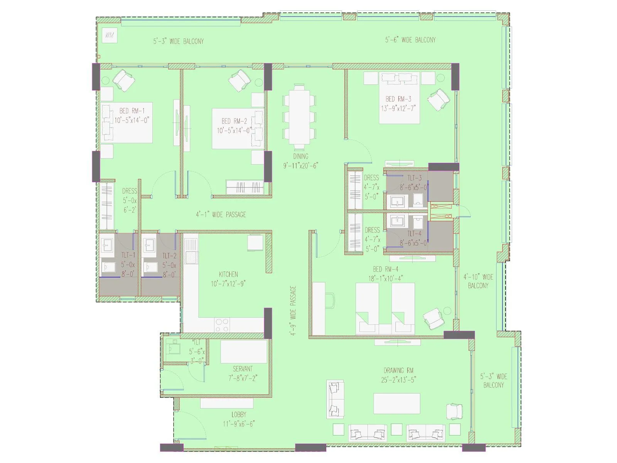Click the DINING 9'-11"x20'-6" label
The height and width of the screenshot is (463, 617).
point(300,161)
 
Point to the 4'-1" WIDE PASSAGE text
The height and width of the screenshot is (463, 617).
point(221,215)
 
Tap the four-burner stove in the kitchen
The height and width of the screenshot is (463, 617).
point(222,324)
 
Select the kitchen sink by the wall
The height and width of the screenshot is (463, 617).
point(190,250)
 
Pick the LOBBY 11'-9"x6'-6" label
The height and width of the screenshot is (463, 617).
point(238,419)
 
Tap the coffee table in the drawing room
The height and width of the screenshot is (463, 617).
point(396,404)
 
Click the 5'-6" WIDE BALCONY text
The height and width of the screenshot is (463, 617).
point(410,40)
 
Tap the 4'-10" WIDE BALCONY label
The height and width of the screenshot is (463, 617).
point(478,281)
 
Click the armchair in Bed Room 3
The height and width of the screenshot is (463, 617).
point(439,100)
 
